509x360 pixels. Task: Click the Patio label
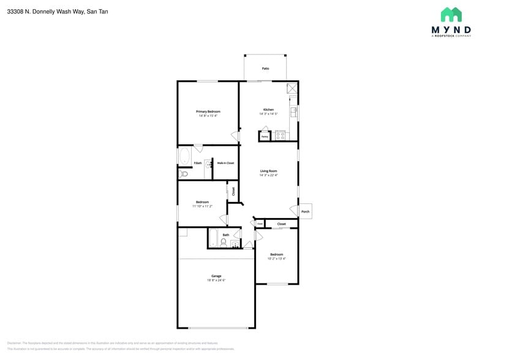pyautogui.click(x=265, y=69)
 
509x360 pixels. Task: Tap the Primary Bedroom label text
pyautogui.click(x=208, y=111)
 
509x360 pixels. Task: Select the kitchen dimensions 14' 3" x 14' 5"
pyautogui.click(x=268, y=114)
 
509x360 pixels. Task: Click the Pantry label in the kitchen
pyautogui.click(x=265, y=137)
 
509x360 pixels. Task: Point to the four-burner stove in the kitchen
pyautogui.click(x=281, y=136)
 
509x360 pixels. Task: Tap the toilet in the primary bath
pyautogui.click(x=183, y=174)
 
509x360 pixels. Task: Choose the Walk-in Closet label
pyautogui.click(x=225, y=163)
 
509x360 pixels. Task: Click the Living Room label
pyautogui.click(x=268, y=171)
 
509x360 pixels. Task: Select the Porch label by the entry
pyautogui.click(x=305, y=212)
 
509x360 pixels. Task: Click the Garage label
pyautogui.click(x=216, y=276)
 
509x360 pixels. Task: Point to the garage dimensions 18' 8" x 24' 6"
pyautogui.click(x=216, y=280)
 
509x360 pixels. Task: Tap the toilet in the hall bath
pyautogui.click(x=223, y=244)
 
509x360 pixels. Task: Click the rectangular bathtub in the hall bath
pyautogui.click(x=213, y=238)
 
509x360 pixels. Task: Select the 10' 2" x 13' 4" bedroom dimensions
pyautogui.click(x=277, y=258)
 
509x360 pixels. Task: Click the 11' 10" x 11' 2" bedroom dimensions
pyautogui.click(x=202, y=206)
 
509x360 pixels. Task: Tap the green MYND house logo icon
pyautogui.click(x=451, y=15)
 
